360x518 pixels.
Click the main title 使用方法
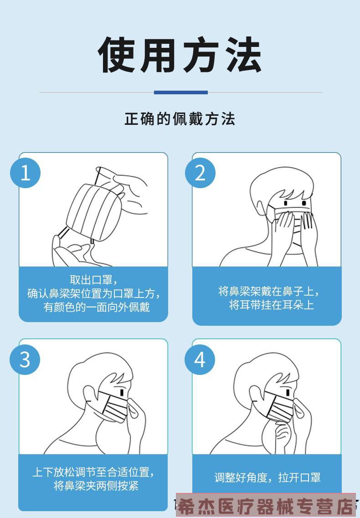coord(180,55)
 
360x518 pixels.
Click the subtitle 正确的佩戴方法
coord(180,119)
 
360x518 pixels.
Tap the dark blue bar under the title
coord(180,92)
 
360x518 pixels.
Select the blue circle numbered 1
coord(26,173)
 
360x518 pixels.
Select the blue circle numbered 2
coord(200,173)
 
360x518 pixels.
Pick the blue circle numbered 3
coord(26,359)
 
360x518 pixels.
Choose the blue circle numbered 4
coord(200,359)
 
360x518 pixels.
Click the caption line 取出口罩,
coord(93,280)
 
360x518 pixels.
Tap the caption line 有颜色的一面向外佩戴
coord(96,307)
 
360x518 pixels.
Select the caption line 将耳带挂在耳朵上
coord(271,305)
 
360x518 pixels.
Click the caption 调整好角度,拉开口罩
coord(267,477)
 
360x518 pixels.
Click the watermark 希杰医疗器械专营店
coord(266,506)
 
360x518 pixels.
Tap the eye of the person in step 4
coord(288,392)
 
